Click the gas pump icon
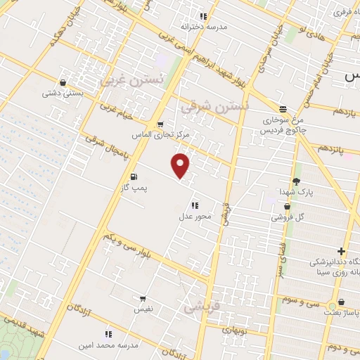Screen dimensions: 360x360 [134, 177]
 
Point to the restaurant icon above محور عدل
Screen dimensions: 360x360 [195, 205]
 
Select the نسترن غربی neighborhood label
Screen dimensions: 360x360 [130, 80]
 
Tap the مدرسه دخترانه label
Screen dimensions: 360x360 [205, 27]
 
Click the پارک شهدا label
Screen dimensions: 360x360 [295, 191]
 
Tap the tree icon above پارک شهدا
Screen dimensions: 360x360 [296, 180]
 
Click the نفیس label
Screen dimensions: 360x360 [143, 309]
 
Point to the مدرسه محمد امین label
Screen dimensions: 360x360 [108, 345]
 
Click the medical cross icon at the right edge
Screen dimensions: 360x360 [342, 251]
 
